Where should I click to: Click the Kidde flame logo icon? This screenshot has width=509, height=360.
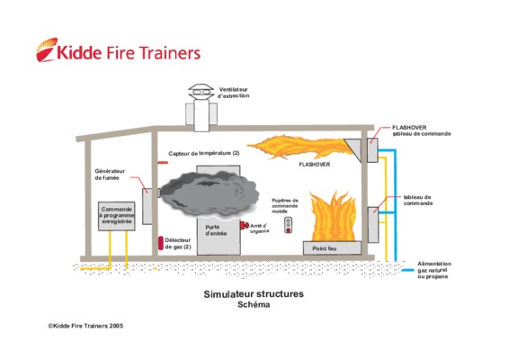click(x=47, y=49)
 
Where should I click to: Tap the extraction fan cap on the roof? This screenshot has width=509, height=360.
click(x=201, y=92)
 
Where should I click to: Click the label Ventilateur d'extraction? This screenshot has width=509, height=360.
click(x=234, y=93)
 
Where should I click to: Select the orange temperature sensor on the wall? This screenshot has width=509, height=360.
click(x=163, y=163)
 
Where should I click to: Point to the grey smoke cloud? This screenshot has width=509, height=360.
click(x=210, y=194)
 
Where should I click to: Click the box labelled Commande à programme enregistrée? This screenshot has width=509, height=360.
click(x=117, y=216)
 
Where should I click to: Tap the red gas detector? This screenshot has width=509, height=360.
click(x=161, y=243)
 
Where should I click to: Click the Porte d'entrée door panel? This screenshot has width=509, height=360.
click(x=219, y=237)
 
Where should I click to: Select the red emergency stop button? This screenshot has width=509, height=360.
click(x=244, y=225)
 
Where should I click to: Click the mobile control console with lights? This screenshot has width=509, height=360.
click(x=288, y=225)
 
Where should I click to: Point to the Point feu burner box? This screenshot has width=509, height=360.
click(x=332, y=248)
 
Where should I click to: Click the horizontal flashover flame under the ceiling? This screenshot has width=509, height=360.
click(x=299, y=147)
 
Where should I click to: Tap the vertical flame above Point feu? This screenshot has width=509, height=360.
click(x=334, y=216)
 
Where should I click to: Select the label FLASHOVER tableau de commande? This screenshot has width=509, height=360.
click(x=422, y=130)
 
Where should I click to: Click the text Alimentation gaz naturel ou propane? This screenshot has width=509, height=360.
click(x=434, y=270)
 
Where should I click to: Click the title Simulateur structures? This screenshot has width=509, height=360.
click(x=254, y=294)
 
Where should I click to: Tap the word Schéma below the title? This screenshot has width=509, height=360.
click(x=254, y=305)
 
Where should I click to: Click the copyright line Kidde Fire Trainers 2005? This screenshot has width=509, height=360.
click(x=85, y=326)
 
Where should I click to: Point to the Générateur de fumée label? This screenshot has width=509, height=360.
click(x=110, y=175)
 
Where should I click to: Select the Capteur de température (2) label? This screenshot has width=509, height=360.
click(x=204, y=153)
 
